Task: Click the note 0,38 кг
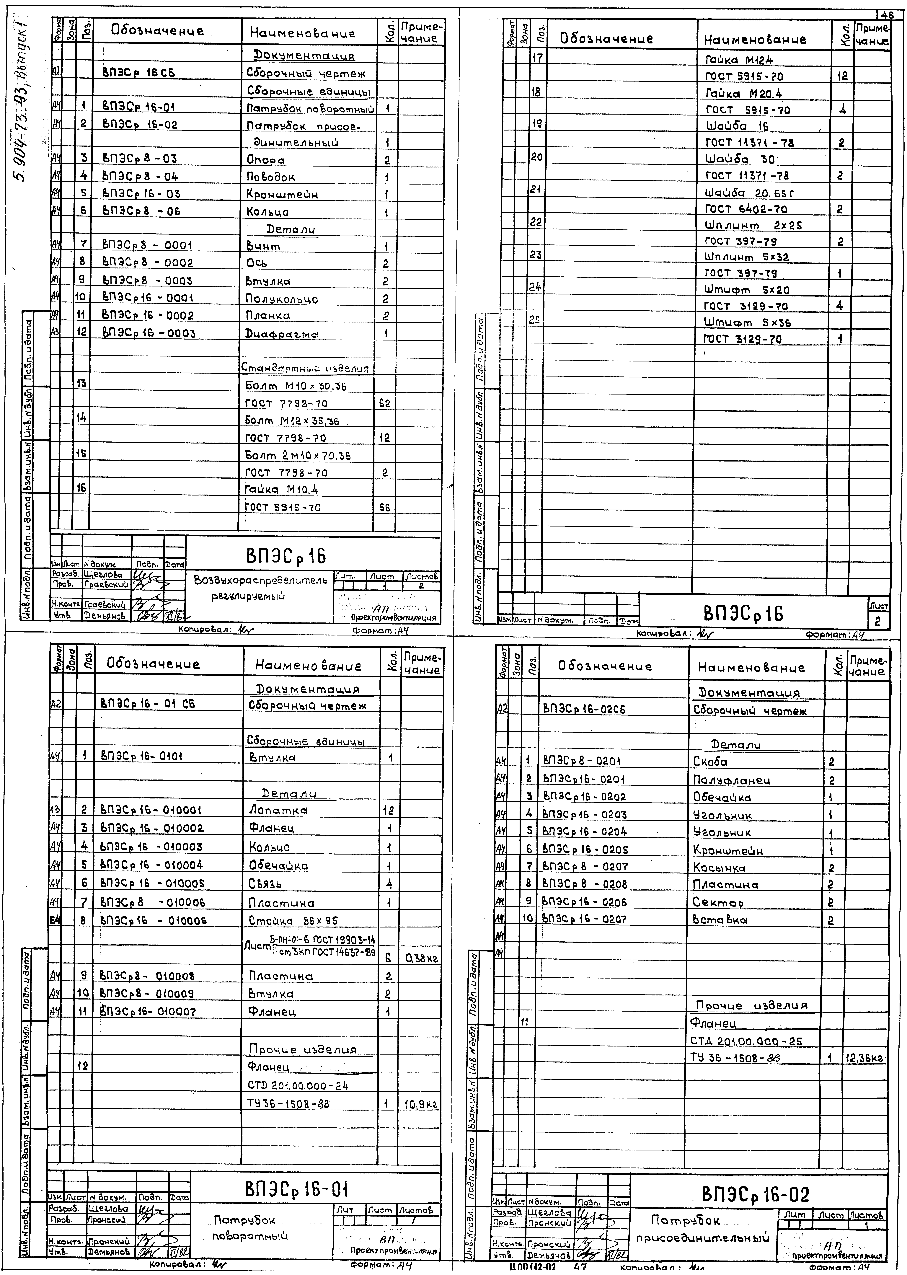coord(422,959)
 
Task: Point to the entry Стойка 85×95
coord(293,921)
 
